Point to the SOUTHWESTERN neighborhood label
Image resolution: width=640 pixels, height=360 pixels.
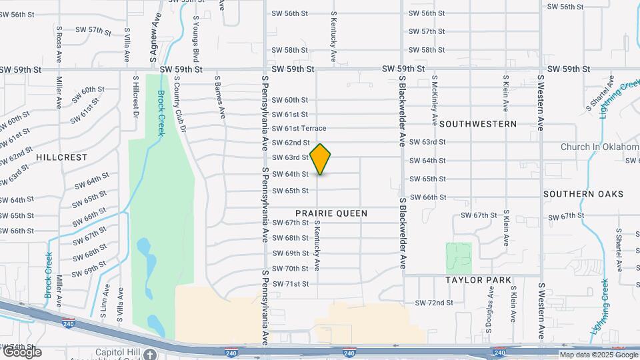click(x=478, y=124)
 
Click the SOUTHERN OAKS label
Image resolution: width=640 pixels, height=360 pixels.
click(x=583, y=194)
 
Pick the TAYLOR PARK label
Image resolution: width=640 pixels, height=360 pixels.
click(x=479, y=280)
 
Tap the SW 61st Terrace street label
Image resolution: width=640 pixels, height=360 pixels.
click(x=299, y=128)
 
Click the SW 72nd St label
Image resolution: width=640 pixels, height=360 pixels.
click(x=434, y=303)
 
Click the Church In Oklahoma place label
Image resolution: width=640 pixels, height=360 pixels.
click(x=599, y=147)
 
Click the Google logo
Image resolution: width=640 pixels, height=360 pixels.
click(x=22, y=352)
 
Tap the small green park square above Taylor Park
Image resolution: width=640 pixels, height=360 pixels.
click(x=459, y=257)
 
